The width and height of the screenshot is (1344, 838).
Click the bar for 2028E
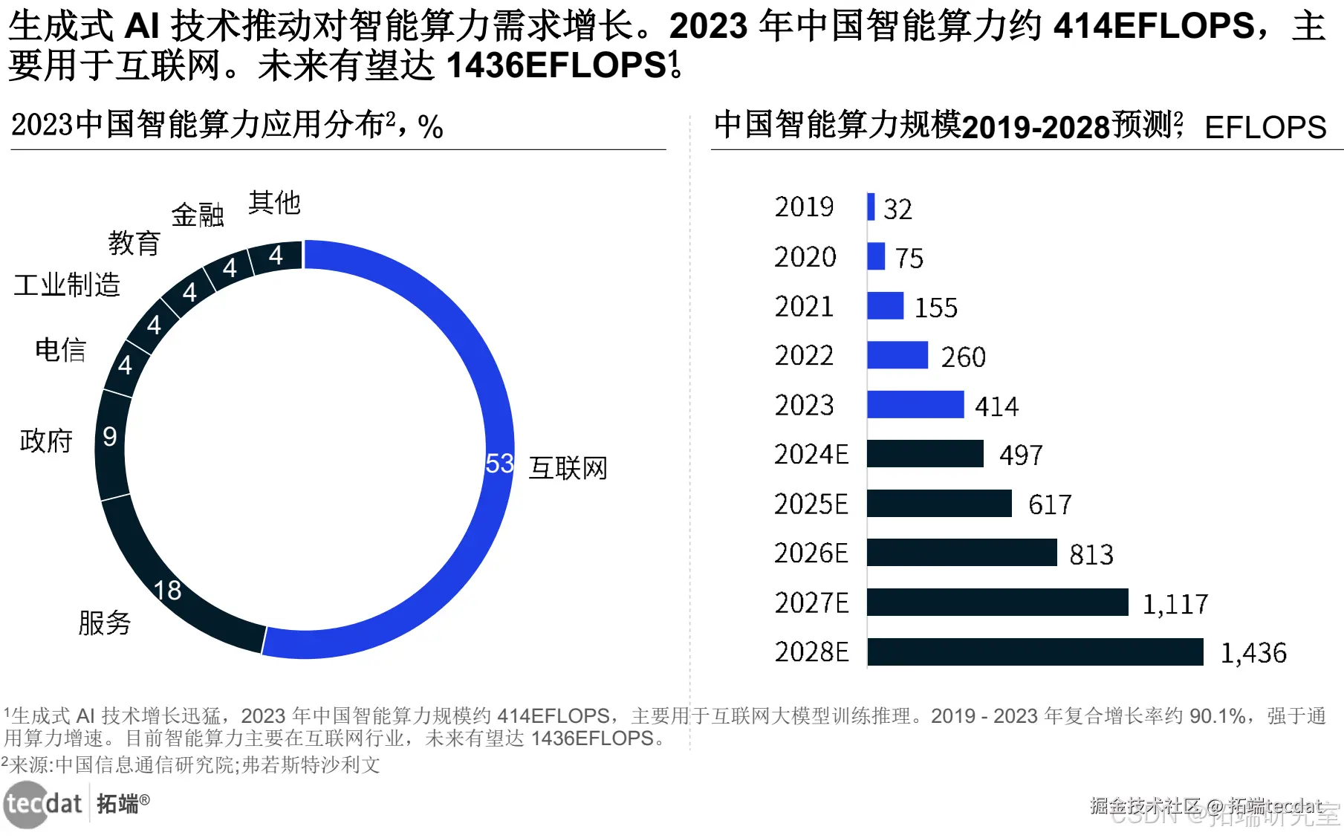coord(1034,652)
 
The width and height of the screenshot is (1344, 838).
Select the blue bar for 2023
coord(915,405)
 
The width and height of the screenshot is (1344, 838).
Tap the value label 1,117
coord(1175,604)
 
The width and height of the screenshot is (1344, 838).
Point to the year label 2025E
coord(811,504)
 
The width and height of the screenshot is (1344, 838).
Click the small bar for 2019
coord(871,207)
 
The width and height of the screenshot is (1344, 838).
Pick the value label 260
coord(963,357)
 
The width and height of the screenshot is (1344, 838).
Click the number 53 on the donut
coord(499,464)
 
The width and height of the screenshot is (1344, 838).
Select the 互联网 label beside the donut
coord(568,468)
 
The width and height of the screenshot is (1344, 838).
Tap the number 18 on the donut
coord(167,591)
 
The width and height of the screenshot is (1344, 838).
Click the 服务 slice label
coord(104,623)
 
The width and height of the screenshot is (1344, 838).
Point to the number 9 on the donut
coord(110,437)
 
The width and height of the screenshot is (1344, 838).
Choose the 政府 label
coord(46,441)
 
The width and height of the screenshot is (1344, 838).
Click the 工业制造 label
coord(67,285)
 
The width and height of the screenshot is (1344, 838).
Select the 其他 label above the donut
coord(274,202)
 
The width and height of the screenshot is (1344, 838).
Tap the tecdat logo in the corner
coord(43,804)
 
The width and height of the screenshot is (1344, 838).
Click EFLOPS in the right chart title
coord(1265,128)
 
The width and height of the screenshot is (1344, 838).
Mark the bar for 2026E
coord(961,553)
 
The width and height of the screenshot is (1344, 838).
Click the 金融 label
coord(198,215)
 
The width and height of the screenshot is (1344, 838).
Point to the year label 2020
coord(805,257)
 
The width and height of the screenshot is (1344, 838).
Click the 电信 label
coord(61,350)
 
